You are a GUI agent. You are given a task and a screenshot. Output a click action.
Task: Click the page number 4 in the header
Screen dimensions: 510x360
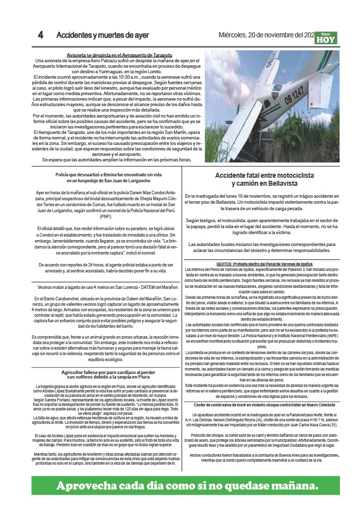pos(41,35)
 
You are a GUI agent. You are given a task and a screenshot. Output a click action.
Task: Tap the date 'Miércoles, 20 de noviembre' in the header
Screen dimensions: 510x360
pos(260,35)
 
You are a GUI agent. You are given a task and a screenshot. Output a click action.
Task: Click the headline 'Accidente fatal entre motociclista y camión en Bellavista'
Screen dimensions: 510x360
pos(264,179)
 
